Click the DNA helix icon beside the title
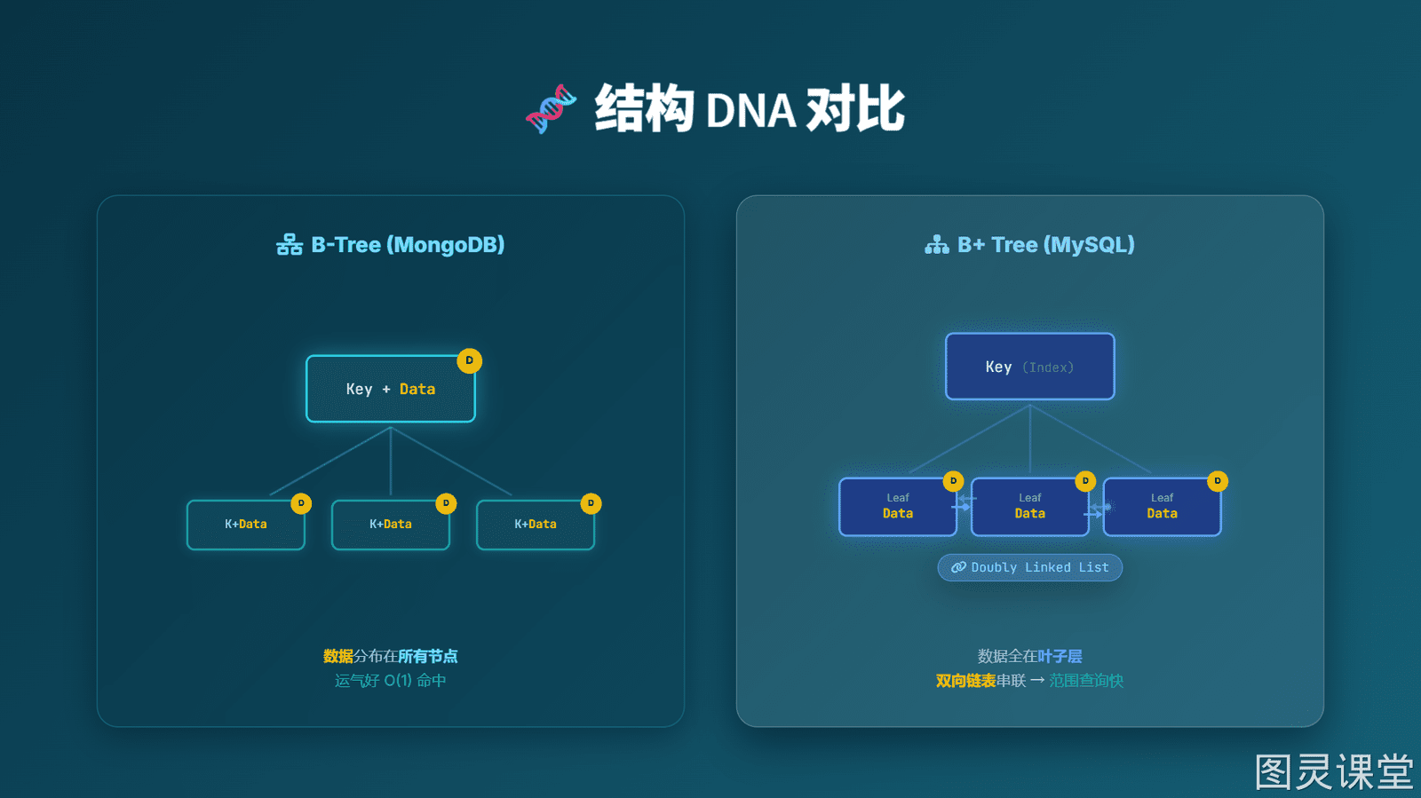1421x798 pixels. pyautogui.click(x=551, y=109)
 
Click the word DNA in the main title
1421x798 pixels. pyautogui.click(x=750, y=111)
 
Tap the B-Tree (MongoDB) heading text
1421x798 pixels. pyautogui.click(x=408, y=245)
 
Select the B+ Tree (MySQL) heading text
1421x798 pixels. pyautogui.click(x=1045, y=245)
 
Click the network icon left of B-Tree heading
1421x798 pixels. pyautogui.click(x=290, y=245)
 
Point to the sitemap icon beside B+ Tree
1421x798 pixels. pyautogui.click(x=936, y=245)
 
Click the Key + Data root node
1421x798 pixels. pyautogui.click(x=391, y=389)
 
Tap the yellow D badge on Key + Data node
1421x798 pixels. pyautogui.click(x=470, y=360)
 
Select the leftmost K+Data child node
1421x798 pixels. pyautogui.click(x=246, y=525)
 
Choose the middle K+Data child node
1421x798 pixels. pyautogui.click(x=391, y=525)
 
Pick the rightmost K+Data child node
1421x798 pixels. pyautogui.click(x=536, y=525)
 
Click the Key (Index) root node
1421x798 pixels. pyautogui.click(x=1029, y=367)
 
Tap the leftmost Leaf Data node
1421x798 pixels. pyautogui.click(x=898, y=507)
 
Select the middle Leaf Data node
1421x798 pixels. pyautogui.click(x=1029, y=507)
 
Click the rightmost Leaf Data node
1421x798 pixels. pyautogui.click(x=1163, y=507)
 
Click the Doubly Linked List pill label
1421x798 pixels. pyautogui.click(x=1029, y=567)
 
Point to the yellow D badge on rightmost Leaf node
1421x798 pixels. pyautogui.click(x=1218, y=481)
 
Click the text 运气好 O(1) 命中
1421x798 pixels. pyautogui.click(x=391, y=681)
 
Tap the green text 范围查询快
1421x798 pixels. pyautogui.click(x=1086, y=681)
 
